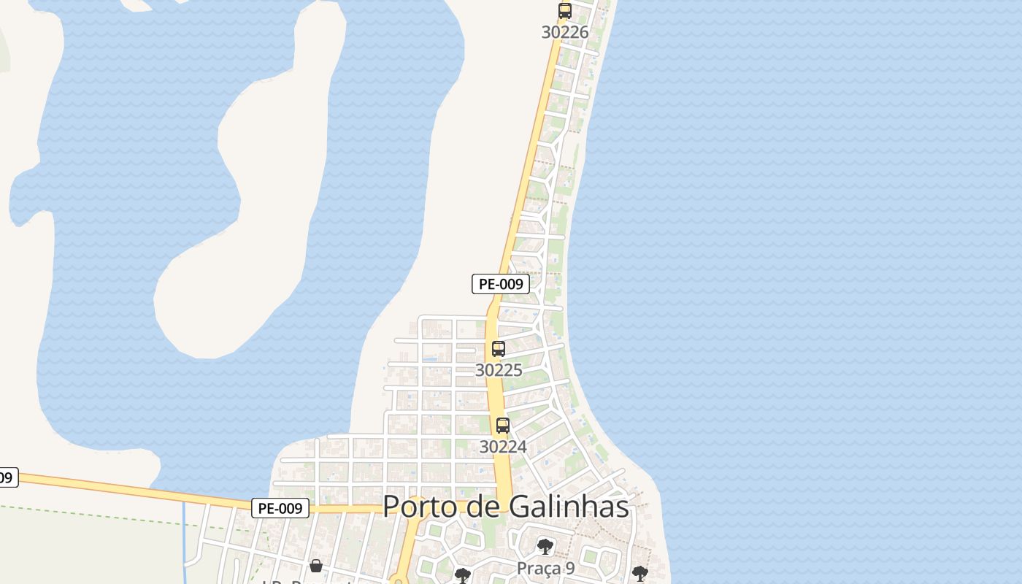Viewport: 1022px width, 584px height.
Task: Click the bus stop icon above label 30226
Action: (564, 11)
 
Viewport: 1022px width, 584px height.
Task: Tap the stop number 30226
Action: (564, 32)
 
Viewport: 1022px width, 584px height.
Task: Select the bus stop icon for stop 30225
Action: (499, 349)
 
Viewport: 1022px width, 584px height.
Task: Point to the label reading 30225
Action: (499, 370)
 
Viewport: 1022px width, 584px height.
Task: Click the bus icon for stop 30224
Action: (502, 425)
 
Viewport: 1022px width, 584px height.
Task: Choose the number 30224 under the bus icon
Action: (502, 446)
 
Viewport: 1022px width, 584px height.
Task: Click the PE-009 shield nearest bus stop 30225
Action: (501, 284)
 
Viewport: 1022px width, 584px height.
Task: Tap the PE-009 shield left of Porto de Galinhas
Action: (280, 508)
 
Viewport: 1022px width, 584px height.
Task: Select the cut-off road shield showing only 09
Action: (7, 478)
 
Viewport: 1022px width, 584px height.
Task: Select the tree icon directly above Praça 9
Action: (545, 547)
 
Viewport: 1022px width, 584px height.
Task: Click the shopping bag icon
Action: (316, 566)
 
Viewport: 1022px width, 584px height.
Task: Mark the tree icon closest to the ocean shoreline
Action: (640, 573)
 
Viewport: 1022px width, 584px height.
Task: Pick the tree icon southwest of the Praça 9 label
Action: (462, 576)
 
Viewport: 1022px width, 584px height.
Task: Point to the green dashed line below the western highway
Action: (109, 514)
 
